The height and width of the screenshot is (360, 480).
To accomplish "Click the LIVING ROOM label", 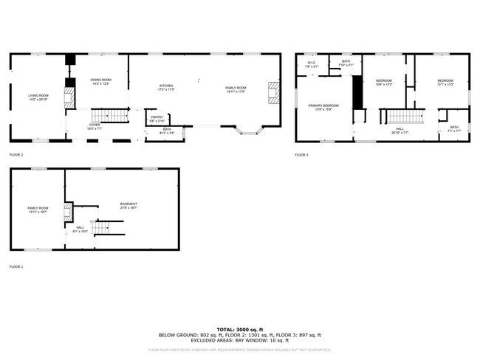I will tap(38, 96).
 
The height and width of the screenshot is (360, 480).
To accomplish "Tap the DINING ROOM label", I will tap(101, 80).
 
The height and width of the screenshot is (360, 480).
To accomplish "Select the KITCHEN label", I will tap(166, 86).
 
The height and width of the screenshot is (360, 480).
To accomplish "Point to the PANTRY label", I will tap(157, 117).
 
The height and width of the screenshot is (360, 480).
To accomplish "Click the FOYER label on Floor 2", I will tap(95, 125).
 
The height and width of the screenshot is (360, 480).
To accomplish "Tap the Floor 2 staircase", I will tap(108, 115).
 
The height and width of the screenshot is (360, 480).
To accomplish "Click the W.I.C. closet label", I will tap(312, 63).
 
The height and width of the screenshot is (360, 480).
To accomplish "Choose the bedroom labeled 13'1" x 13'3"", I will tap(445, 81).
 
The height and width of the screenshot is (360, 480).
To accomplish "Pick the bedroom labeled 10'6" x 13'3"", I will tap(384, 81).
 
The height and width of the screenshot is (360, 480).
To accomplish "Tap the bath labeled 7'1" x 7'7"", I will tap(454, 128).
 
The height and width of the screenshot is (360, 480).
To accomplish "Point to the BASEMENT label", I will tap(129, 204).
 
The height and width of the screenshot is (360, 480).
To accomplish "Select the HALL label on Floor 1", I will tap(80, 228).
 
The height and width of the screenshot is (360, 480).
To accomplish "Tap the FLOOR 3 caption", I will tap(302, 155).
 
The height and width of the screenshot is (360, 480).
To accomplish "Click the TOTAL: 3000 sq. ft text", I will tap(240, 329).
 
